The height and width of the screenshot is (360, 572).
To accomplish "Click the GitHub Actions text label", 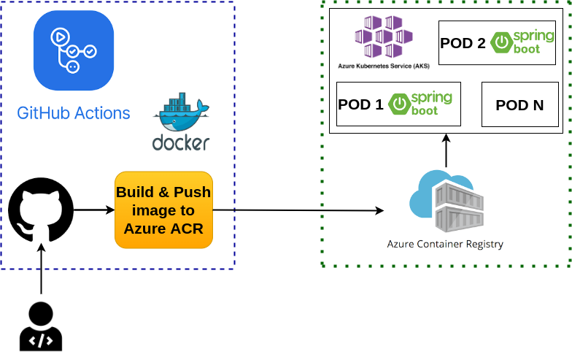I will click(x=74, y=113).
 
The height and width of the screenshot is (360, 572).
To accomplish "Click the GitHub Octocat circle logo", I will click(x=41, y=210).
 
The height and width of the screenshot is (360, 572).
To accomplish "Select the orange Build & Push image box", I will click(x=163, y=210).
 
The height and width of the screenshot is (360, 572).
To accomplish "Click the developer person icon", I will click(x=41, y=327).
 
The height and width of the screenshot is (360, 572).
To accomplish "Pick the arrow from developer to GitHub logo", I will click(x=41, y=270).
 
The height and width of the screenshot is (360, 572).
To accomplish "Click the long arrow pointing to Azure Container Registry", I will click(x=299, y=210).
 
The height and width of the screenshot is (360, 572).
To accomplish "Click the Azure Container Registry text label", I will click(x=445, y=244).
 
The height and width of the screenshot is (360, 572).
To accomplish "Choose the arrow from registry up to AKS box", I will click(x=447, y=150).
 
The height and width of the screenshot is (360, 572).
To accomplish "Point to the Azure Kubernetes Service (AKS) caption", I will click(x=384, y=66).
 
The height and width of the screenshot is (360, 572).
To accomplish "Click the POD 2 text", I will click(x=463, y=43).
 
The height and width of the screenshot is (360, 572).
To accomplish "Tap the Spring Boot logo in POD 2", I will click(x=516, y=43).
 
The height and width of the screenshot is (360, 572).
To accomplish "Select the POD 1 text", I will click(x=360, y=104).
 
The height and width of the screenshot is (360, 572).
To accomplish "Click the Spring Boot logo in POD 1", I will click(x=414, y=104).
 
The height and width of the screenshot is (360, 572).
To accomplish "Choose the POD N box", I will click(x=519, y=104).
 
